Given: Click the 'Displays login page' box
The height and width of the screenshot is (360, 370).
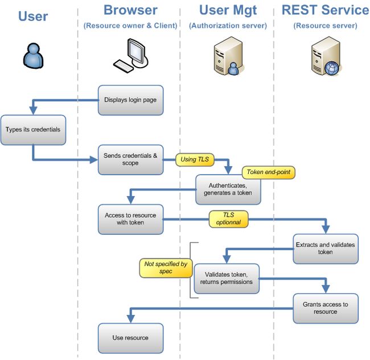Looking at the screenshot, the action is click(130, 100).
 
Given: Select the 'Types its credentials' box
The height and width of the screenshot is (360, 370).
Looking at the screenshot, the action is click(33, 130).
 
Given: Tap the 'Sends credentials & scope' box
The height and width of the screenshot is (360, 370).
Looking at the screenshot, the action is click(130, 160).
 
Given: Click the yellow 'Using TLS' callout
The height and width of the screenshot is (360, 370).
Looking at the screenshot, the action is click(195, 160).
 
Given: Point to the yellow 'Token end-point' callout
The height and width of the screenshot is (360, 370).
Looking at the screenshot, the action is click(269, 172).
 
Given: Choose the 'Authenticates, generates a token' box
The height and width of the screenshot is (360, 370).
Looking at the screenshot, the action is click(228, 189).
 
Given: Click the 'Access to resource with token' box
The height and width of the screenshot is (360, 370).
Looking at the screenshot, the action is click(130, 220).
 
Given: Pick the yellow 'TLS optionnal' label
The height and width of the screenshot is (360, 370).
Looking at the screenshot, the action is click(228, 219).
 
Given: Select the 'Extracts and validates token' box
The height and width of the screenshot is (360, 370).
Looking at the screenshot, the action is click(326, 249).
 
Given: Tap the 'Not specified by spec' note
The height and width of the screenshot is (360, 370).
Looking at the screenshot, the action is click(166, 268).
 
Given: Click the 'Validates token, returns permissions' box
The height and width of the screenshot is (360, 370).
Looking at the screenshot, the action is click(227, 279).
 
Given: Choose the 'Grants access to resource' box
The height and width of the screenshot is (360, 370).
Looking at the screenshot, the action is click(326, 308).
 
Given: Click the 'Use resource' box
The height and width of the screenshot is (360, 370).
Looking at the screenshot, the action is click(130, 338).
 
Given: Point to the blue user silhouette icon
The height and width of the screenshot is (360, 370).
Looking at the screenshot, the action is click(33, 56).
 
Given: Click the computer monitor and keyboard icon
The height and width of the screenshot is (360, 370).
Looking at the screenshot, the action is click(131, 55).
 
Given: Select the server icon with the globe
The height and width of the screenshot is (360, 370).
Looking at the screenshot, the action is click(326, 56).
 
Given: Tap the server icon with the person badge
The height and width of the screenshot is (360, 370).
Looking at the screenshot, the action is click(228, 56).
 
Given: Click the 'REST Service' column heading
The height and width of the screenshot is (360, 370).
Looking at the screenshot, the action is click(326, 10).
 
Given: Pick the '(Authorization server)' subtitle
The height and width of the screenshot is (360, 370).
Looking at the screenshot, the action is click(228, 26).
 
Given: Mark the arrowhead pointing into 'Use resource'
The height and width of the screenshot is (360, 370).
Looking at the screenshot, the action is click(130, 319).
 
